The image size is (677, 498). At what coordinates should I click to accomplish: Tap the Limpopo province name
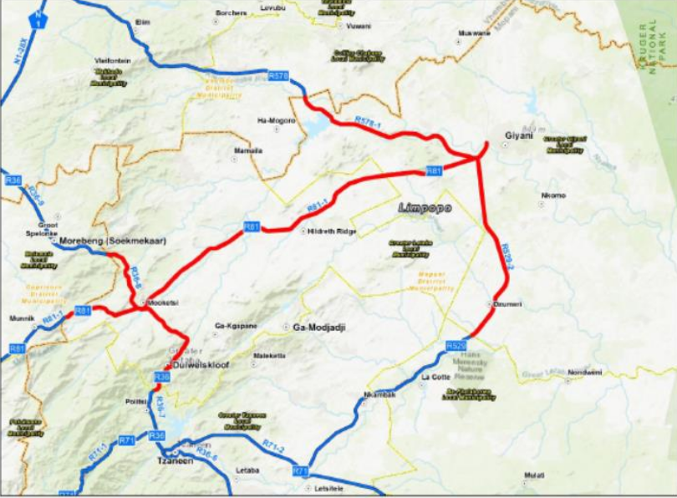[419, 207]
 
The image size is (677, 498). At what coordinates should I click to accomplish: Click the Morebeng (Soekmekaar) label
[113, 241]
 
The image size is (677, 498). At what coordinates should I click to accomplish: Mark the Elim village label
[142, 23]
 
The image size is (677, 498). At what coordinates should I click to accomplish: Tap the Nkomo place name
[554, 196]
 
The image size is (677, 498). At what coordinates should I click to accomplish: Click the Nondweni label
[584, 372]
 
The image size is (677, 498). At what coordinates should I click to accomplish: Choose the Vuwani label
[358, 26]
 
